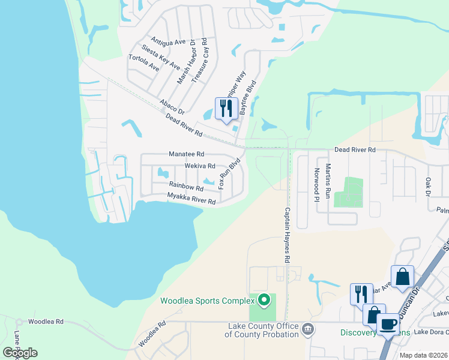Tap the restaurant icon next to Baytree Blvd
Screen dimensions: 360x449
click(x=226, y=109)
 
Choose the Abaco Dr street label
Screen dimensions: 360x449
click(x=172, y=106)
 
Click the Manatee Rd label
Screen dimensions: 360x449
click(x=187, y=154)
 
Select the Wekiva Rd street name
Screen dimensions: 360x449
click(x=200, y=165)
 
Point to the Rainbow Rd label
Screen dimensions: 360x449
click(x=186, y=187)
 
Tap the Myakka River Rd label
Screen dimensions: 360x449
click(x=191, y=199)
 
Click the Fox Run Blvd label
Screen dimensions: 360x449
click(x=230, y=174)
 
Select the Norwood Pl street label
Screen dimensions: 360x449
click(x=316, y=181)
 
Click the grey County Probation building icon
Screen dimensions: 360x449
click(x=308, y=328)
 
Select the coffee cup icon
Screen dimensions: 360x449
click(x=387, y=325)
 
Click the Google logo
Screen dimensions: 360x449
click(x=20, y=352)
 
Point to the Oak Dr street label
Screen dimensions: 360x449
click(x=428, y=186)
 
